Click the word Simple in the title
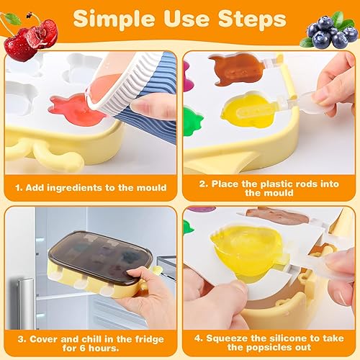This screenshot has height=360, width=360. [x=114, y=20]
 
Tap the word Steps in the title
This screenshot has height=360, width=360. [x=252, y=19]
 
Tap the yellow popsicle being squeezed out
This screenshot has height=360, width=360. [x=247, y=250]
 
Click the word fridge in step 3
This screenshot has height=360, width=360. [x=149, y=339]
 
